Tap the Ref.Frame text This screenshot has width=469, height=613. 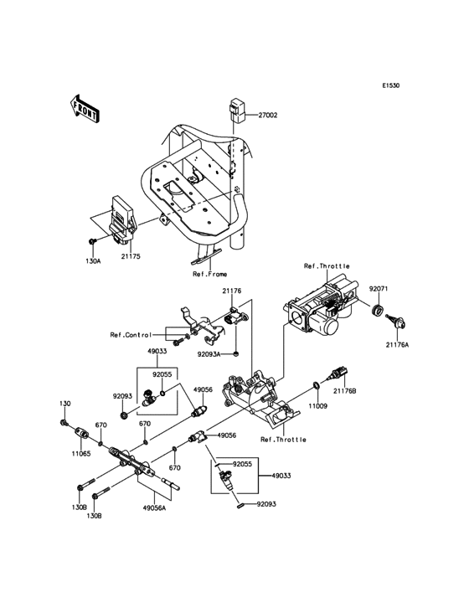click(x=209, y=273)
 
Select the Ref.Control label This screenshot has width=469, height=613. click(x=130, y=335)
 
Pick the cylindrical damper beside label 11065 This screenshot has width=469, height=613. click(x=82, y=436)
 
